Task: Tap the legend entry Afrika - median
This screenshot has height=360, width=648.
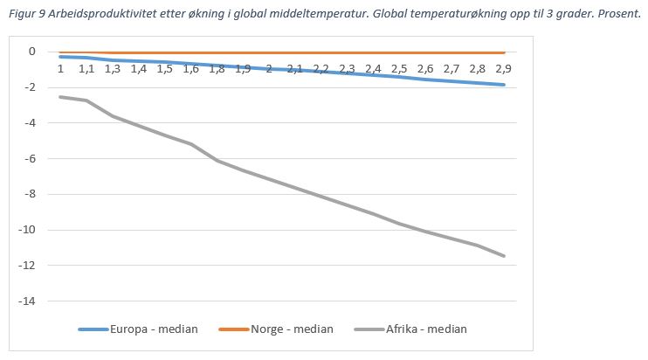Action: pyautogui.click(x=427, y=329)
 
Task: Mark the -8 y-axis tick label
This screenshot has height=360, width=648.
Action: pyautogui.click(x=31, y=194)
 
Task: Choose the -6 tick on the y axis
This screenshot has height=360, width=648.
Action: pyautogui.click(x=31, y=158)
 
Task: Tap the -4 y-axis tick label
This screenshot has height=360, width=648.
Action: pyautogui.click(x=31, y=123)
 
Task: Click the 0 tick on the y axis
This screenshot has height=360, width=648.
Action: pyautogui.click(x=32, y=52)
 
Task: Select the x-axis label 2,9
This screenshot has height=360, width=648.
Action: pyautogui.click(x=504, y=68)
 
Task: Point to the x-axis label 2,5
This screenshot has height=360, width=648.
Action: pyautogui.click(x=399, y=68)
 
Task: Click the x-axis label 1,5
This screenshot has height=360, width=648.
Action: pyautogui.click(x=164, y=68)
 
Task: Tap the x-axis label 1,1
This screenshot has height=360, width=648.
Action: pyautogui.click(x=86, y=68)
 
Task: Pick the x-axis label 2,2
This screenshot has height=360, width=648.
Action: pyautogui.click(x=321, y=68)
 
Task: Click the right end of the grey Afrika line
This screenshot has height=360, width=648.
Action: pyautogui.click(x=504, y=255)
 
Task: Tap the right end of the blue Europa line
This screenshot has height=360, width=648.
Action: pyautogui.click(x=504, y=85)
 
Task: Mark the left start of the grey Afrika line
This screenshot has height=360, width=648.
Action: pyautogui.click(x=60, y=96)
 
